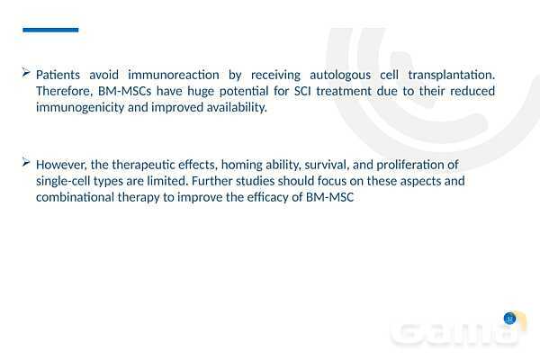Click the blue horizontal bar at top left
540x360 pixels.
(x=50, y=30)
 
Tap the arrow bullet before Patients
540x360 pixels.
(x=26, y=72)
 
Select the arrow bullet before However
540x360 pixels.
(x=26, y=162)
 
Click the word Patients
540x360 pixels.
(x=58, y=75)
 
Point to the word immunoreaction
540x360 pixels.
(x=174, y=75)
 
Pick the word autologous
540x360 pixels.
(x=340, y=76)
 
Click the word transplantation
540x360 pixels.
(x=452, y=76)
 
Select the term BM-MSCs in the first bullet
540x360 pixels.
(x=125, y=91)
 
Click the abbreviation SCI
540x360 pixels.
(x=302, y=91)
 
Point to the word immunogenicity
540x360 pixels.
(x=80, y=108)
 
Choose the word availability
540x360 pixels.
(x=237, y=108)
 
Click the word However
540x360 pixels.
(x=61, y=165)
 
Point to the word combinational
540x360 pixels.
(x=75, y=197)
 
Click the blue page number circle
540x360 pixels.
(x=509, y=319)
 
